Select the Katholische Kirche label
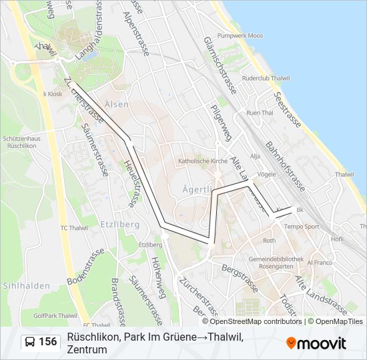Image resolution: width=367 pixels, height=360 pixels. [x=203, y=161]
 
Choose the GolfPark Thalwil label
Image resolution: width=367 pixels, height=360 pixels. [x=56, y=315]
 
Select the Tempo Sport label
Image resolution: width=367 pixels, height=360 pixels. [x=302, y=227]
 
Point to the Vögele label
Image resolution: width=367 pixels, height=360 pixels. [x=266, y=174]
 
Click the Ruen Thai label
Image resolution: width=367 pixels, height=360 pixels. [x=260, y=113]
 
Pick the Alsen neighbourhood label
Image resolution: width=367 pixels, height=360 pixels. [x=117, y=105]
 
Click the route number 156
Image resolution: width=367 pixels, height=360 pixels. [x=47, y=342]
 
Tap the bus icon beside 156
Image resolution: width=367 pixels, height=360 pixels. [x=30, y=342]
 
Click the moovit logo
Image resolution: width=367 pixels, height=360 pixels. [x=316, y=343]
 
